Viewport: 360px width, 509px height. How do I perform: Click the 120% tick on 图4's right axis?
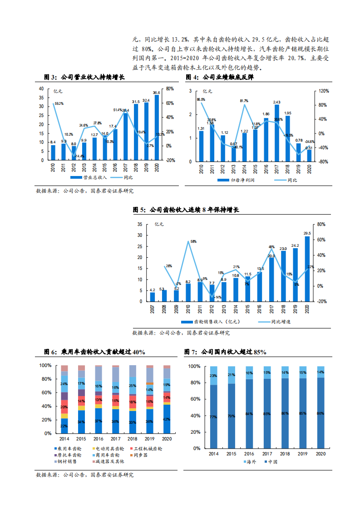pyautogui.click(x=323, y=91)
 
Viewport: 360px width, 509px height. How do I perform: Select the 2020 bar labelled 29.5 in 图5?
pyautogui.click(x=307, y=269)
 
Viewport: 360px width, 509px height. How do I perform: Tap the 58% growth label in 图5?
pyautogui.click(x=193, y=242)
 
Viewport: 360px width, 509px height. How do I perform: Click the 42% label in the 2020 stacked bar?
pyautogui.click(x=167, y=419)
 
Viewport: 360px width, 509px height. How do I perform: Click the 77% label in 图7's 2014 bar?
pyautogui.click(x=213, y=416)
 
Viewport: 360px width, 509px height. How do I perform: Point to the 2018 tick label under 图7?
pyautogui.click(x=285, y=454)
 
